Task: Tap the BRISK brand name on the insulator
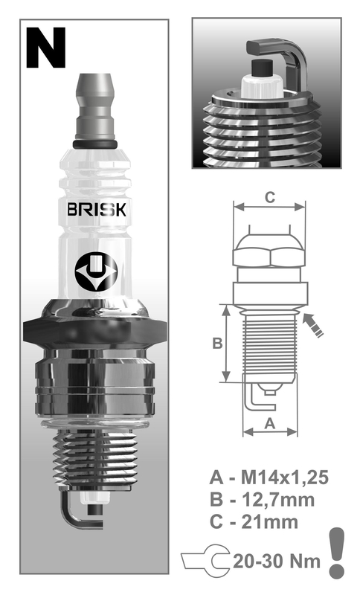[97, 210]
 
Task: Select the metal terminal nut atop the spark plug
[95, 107]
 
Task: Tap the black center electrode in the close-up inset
[263, 68]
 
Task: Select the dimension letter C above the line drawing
[269, 197]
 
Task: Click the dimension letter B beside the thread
[217, 343]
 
